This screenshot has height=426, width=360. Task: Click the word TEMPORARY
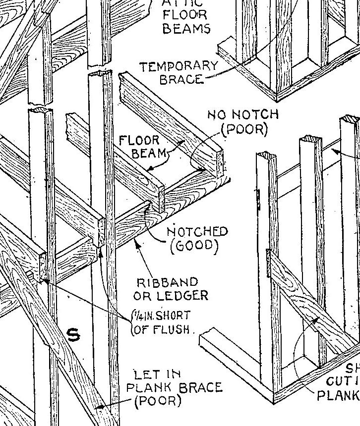pos(179,66)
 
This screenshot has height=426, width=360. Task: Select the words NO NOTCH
pos(242,115)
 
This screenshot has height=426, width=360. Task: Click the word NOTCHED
pos(197,232)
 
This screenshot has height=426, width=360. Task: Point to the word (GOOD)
pos(194,246)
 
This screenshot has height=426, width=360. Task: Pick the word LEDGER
pos(182,296)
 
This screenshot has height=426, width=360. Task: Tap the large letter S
pos(73,335)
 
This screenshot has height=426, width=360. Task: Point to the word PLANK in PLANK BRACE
pos(149,387)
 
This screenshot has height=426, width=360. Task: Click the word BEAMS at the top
pos(186,28)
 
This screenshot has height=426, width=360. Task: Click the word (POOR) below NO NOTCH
pos(244,129)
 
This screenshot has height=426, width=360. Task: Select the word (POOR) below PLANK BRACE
pos(159,401)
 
